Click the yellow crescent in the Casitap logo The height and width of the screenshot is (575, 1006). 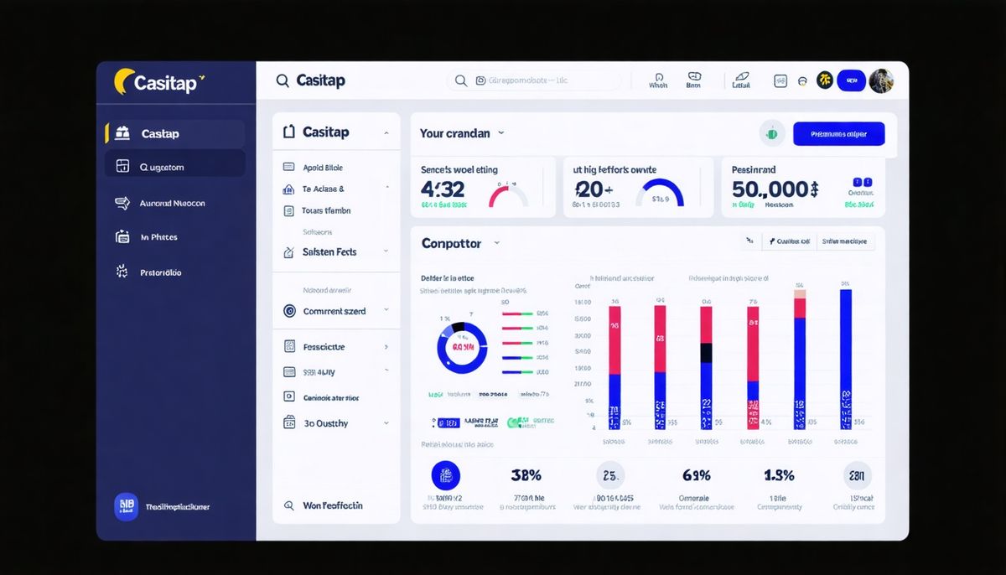click(122, 81)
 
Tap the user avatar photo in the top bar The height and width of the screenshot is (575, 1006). click(881, 80)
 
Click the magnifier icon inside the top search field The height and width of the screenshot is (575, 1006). click(460, 80)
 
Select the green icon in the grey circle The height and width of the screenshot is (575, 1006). click(771, 133)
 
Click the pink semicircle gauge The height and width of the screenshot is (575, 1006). click(508, 196)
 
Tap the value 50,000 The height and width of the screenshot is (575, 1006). click(774, 189)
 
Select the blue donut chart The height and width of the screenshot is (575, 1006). click(462, 347)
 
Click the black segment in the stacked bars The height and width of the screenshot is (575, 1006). click(706, 354)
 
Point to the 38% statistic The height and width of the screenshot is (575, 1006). click(526, 475)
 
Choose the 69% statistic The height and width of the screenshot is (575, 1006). click(697, 475)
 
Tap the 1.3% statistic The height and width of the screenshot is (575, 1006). click(779, 475)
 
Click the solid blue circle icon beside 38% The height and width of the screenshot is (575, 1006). click(446, 475)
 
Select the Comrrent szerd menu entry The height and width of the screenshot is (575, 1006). click(334, 311)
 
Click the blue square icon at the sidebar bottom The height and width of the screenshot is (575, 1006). click(126, 506)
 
